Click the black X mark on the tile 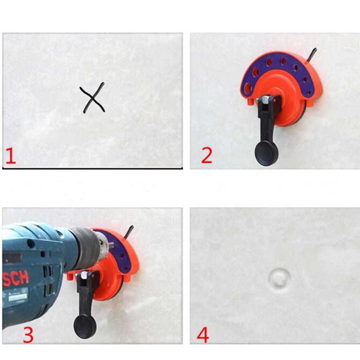point(93,98)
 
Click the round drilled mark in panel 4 point(280,279)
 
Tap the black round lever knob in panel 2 point(266,153)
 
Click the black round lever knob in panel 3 point(85,326)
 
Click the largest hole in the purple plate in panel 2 point(247,87)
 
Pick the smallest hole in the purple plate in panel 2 point(309,93)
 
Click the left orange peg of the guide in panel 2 point(249,104)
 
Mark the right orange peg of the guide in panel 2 point(309,104)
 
